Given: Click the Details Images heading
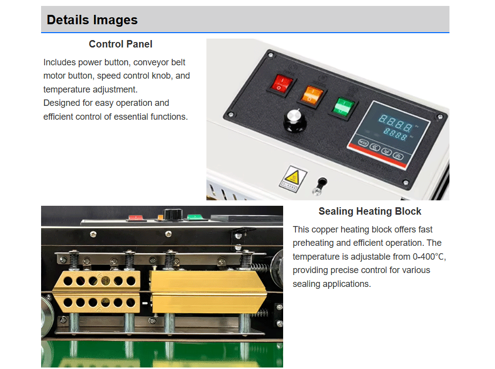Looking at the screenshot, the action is coord(92,20).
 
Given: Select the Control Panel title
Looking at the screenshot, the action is coord(121,44).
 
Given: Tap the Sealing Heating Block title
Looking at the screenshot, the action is coord(370,211).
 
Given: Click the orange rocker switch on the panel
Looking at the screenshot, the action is coord(312,93).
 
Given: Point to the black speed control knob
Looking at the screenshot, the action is coord(295,120).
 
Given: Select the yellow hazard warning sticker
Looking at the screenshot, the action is coord(293,179).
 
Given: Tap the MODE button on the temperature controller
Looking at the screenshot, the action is coord(363,143).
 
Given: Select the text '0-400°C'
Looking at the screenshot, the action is coord(429,257).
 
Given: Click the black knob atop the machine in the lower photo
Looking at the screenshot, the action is coord(172,214).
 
